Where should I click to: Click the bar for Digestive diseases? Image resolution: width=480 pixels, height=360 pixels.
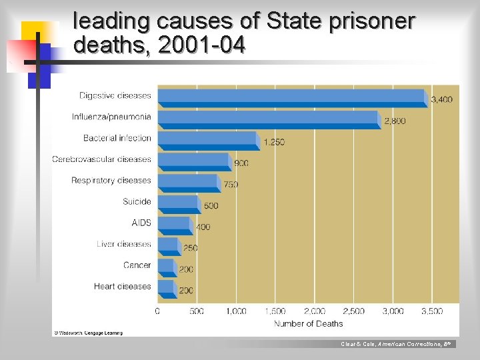(x=291, y=97)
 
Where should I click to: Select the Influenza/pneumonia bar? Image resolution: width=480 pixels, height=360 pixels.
(x=268, y=119)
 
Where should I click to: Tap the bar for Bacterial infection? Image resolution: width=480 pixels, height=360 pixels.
(x=207, y=140)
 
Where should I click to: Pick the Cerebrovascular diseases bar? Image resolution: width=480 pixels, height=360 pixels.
(x=193, y=161)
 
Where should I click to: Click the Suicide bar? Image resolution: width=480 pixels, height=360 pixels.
(x=178, y=203)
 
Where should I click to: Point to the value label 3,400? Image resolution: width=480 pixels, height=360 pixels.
(x=442, y=100)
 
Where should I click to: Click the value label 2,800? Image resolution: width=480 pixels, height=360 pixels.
(x=395, y=121)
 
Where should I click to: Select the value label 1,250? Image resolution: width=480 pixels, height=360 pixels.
(x=274, y=142)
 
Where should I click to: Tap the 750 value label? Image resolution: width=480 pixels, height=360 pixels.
(x=230, y=185)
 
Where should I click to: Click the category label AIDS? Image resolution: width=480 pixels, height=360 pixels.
(x=141, y=223)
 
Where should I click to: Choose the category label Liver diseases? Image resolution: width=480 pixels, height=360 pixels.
(x=123, y=244)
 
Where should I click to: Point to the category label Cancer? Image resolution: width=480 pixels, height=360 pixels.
(x=137, y=265)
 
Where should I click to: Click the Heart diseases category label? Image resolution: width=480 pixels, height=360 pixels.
(x=122, y=287)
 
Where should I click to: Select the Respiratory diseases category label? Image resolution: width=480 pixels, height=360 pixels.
(x=111, y=181)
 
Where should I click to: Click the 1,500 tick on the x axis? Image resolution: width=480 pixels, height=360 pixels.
(x=275, y=311)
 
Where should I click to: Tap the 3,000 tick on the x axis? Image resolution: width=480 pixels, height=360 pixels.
(x=393, y=311)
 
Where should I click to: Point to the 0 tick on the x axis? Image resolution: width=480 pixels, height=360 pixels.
(x=157, y=311)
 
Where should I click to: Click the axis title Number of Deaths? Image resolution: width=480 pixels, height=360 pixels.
(x=308, y=324)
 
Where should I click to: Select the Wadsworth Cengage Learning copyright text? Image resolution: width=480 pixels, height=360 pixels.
(x=88, y=333)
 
